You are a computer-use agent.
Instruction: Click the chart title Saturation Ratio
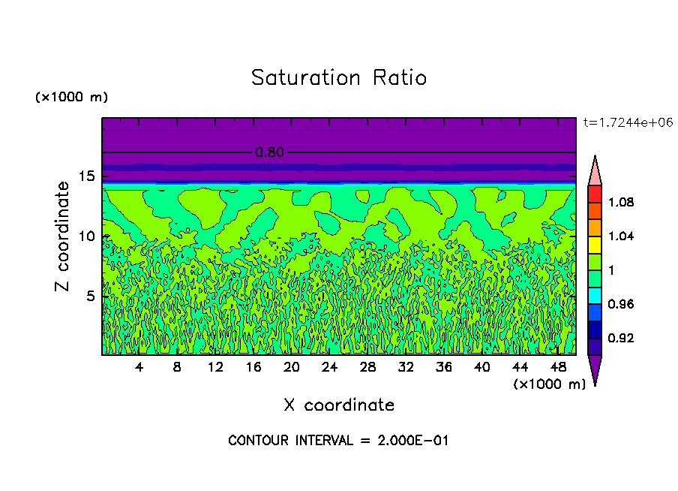339,78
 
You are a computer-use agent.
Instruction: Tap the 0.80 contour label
269,152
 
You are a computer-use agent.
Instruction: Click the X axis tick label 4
139,367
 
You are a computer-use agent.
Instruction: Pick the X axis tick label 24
329,367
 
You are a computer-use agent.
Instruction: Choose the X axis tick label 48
558,367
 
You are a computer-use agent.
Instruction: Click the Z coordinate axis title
63,236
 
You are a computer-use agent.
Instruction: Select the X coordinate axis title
339,405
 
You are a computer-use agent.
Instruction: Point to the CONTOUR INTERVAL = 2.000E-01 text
338,441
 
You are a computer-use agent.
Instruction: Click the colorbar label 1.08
622,202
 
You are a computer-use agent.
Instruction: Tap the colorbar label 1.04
622,236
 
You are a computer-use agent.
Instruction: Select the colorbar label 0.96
622,304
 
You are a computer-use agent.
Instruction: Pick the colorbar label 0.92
622,338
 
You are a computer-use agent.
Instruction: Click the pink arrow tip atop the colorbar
595,171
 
